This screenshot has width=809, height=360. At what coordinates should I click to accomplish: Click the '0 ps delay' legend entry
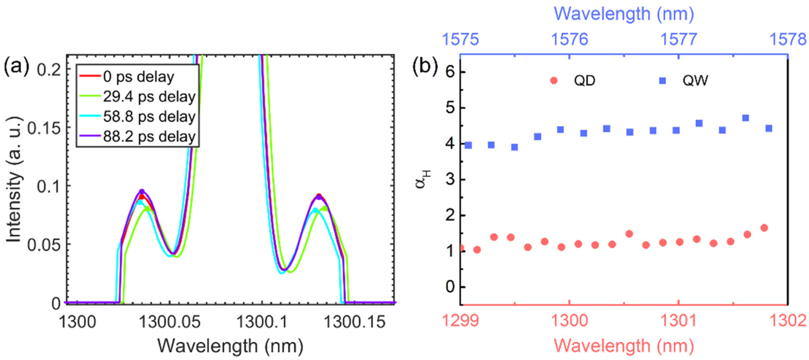click(x=138, y=77)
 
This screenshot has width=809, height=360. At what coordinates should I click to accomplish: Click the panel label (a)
click(x=16, y=67)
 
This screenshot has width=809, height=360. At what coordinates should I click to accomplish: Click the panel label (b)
click(x=425, y=67)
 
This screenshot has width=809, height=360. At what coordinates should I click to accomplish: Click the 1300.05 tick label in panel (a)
click(x=170, y=322)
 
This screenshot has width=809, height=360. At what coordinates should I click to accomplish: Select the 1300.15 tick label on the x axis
click(x=354, y=322)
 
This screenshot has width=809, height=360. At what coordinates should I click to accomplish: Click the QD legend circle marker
click(x=554, y=81)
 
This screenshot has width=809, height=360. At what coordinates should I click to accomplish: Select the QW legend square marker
click(x=662, y=81)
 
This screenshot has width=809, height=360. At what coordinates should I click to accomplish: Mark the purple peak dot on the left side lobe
click(x=142, y=191)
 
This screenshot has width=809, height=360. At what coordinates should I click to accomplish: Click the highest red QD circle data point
click(x=764, y=228)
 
